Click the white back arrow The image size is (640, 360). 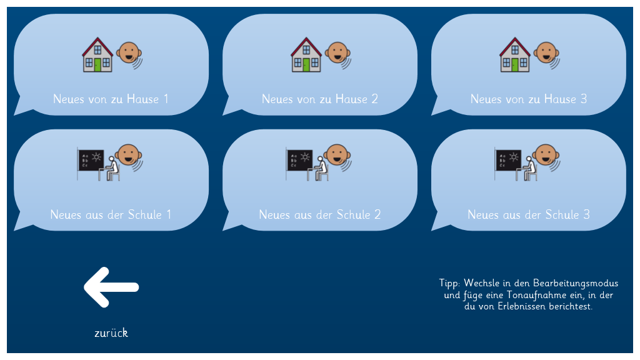click(x=111, y=287)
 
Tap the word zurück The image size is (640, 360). click(x=111, y=333)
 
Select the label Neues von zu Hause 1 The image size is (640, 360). click(x=111, y=99)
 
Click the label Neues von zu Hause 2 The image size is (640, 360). click(x=319, y=99)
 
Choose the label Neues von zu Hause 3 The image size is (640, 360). click(x=529, y=99)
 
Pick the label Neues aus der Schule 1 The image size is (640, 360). click(x=111, y=215)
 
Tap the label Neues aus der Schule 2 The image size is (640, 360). click(x=319, y=215)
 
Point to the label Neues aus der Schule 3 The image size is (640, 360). click(x=529, y=215)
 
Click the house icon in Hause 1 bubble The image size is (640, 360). click(x=97, y=55)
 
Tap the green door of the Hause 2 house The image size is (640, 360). click(x=306, y=65)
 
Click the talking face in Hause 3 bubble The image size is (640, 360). click(x=546, y=54)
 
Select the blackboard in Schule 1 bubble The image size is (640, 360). click(x=91, y=161)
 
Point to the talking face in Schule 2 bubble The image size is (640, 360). click(x=337, y=156)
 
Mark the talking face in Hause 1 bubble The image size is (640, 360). click(x=129, y=54)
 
